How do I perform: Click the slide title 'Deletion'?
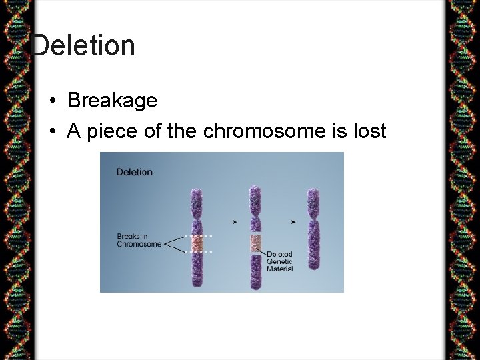coord(83,46)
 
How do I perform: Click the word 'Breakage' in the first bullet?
coord(112,101)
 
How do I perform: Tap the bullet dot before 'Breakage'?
coord(52,101)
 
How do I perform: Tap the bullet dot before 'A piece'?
coord(52,132)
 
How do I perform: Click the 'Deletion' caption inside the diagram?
coord(134,172)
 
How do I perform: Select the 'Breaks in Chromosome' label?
coord(139,240)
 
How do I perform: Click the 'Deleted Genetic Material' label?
coord(279,261)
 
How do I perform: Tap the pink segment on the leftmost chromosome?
coord(197,244)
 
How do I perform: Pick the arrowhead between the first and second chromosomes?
coord(233,221)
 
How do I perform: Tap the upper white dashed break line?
coord(198,236)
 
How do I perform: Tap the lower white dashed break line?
coord(198,253)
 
